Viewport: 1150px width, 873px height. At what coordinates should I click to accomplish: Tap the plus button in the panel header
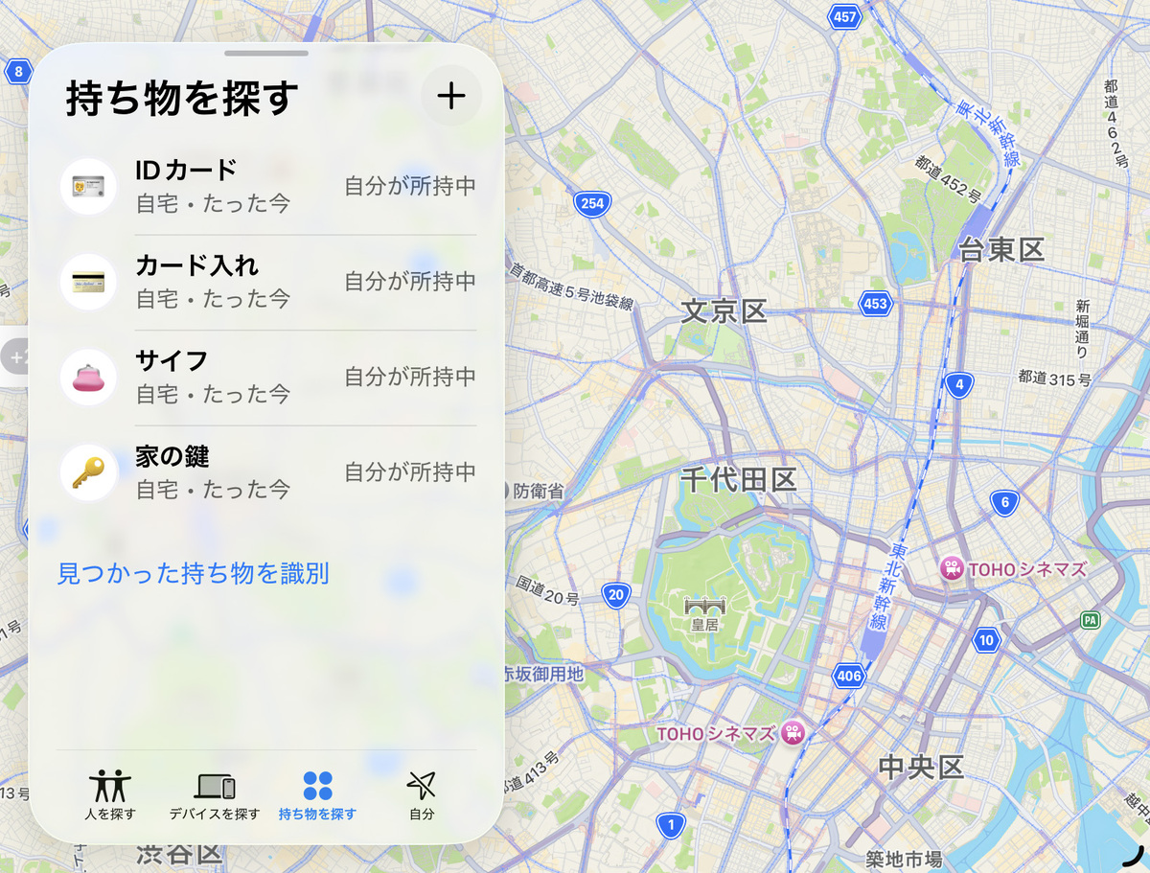click(x=450, y=96)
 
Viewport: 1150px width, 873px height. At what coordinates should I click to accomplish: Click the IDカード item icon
click(x=88, y=186)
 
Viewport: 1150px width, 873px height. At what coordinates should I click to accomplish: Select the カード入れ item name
click(x=197, y=265)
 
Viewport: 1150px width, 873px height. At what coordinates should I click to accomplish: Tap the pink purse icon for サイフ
click(x=88, y=378)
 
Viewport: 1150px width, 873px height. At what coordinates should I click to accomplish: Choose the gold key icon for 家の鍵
click(x=88, y=473)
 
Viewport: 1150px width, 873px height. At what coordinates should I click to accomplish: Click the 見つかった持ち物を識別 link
click(x=193, y=574)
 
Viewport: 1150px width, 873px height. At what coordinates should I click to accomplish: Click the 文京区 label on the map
click(x=724, y=310)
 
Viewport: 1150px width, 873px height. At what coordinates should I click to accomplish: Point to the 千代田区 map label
click(x=739, y=479)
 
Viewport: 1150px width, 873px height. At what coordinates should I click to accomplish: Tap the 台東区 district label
click(x=1001, y=251)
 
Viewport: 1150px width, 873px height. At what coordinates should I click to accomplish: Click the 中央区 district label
click(x=921, y=767)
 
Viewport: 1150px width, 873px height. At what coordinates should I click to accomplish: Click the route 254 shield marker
click(x=592, y=203)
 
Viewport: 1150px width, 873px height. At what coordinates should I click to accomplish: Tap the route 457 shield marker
click(x=844, y=16)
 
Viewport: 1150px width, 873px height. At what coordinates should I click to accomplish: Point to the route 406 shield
click(x=849, y=676)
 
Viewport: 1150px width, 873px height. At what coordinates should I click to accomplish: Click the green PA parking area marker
click(x=1090, y=620)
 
